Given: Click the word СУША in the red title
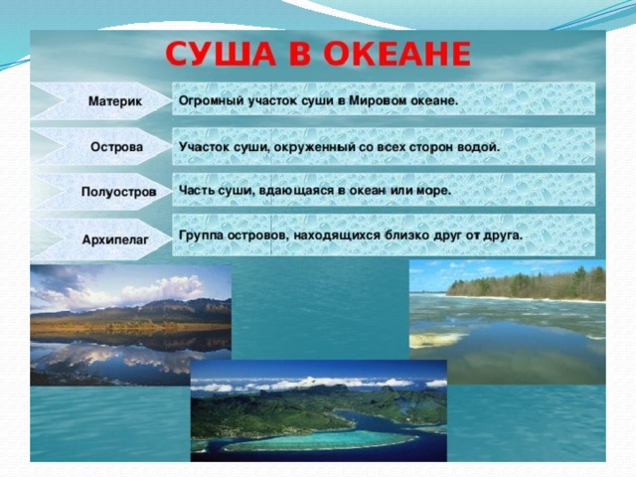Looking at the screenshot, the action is click(221, 54).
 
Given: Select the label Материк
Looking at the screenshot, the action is click(115, 101).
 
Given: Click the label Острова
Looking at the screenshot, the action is click(117, 146).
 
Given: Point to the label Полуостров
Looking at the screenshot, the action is click(118, 192).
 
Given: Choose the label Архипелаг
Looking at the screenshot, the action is click(115, 239).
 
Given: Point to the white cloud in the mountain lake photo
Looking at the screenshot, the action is click(162, 289).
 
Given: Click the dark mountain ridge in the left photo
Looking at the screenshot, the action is click(134, 309).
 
